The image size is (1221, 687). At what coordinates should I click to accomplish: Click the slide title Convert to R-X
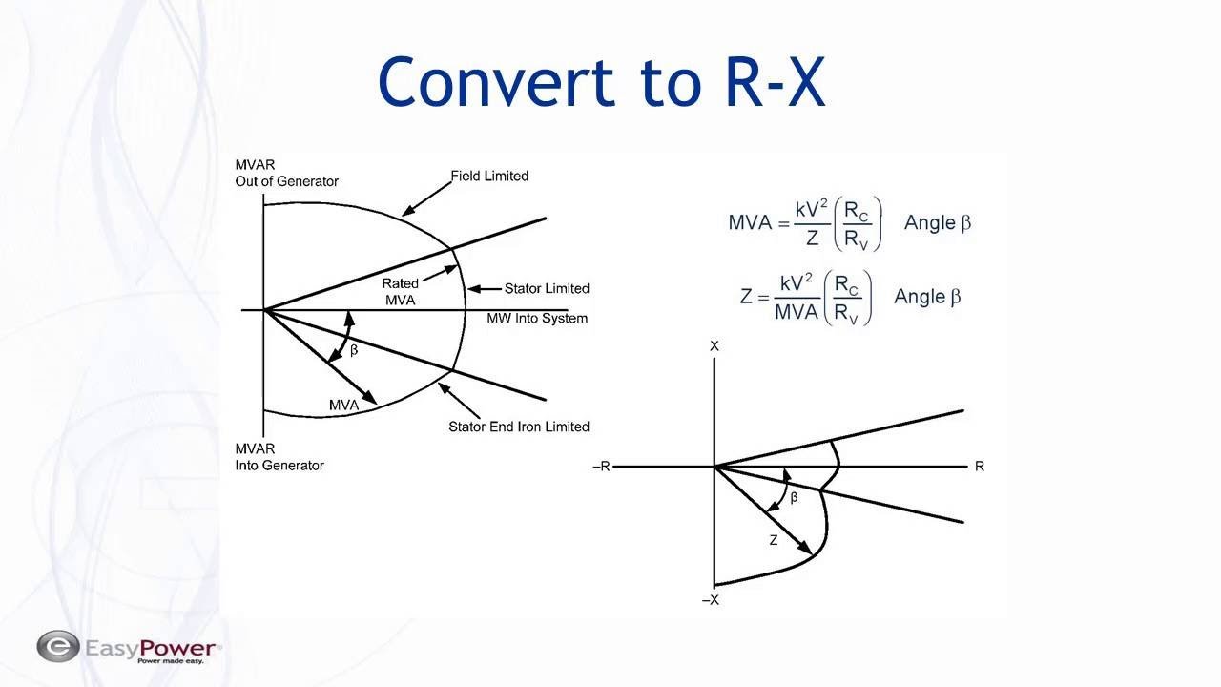pos(601,82)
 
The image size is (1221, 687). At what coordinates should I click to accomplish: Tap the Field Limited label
pos(489,177)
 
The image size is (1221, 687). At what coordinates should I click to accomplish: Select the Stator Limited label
pos(547,288)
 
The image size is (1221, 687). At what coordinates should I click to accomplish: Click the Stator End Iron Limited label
pos(519,427)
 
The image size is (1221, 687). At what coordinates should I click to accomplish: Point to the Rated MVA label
pos(400,292)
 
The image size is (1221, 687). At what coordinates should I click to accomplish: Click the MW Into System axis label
pos(537,318)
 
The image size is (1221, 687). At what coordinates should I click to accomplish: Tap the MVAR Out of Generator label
pos(287,173)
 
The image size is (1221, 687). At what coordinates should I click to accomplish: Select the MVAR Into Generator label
pos(279,457)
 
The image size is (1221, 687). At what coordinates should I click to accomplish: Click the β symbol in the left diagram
pos(354,350)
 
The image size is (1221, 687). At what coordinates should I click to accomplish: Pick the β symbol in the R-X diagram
pos(794,497)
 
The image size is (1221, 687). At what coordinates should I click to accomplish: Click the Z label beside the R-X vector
pos(774,540)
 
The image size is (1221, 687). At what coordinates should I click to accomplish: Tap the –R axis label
pos(601,467)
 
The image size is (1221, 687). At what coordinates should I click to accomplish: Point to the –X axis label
pos(711,600)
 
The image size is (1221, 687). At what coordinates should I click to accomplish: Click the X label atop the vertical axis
pos(714,346)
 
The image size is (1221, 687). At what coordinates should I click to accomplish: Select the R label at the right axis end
pos(980,467)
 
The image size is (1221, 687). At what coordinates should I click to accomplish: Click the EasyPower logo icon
pos(58,646)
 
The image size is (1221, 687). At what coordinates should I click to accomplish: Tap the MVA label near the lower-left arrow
pos(344,406)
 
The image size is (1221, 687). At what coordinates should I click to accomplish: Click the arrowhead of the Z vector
pos(804,547)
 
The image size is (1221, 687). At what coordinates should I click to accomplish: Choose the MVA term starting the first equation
pos(750,222)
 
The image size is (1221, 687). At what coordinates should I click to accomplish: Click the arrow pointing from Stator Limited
pos(485,289)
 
